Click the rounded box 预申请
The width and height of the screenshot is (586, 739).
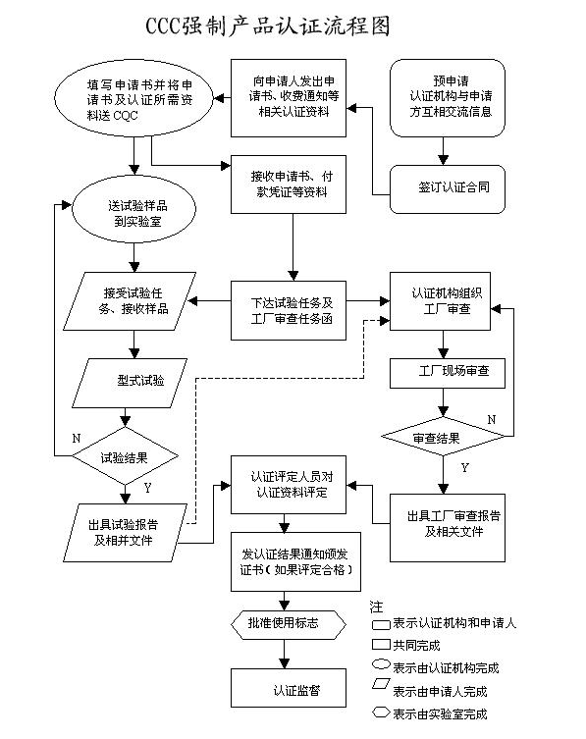point(447,96)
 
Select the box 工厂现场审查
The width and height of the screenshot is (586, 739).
point(447,373)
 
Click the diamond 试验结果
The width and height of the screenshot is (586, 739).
point(126,455)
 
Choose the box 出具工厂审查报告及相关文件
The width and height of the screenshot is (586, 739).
point(447,523)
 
